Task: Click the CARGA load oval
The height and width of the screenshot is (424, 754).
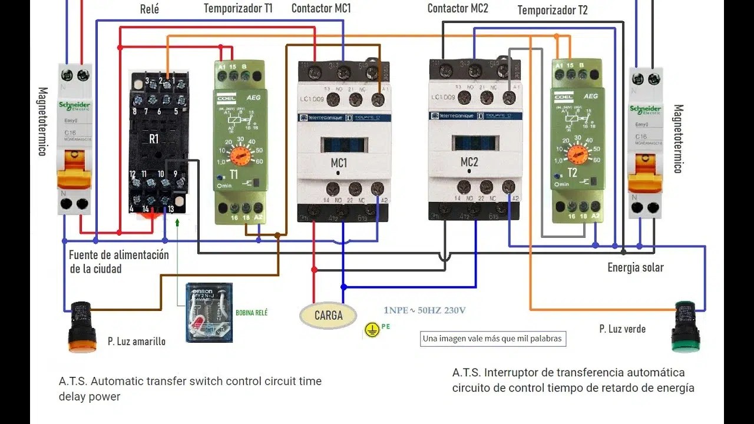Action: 328,316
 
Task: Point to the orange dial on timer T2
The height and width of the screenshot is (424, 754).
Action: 578,154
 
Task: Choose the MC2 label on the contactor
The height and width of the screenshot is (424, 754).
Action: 469,162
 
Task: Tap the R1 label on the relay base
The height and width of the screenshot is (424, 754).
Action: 154,140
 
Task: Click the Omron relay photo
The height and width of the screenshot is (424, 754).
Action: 209,312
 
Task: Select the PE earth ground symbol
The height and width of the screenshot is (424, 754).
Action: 371,330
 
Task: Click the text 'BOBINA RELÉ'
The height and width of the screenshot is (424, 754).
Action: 251,313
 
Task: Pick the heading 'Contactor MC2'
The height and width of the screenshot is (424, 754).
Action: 458,8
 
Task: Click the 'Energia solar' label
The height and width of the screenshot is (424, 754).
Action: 636,268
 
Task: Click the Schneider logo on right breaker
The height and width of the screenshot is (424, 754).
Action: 645,110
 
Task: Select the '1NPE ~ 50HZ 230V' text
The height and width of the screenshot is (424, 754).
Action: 425,310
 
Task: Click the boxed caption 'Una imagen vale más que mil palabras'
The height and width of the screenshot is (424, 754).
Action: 493,339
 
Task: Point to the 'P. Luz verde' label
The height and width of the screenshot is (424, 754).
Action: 622,329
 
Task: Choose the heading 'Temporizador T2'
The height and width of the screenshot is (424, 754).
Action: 552,11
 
